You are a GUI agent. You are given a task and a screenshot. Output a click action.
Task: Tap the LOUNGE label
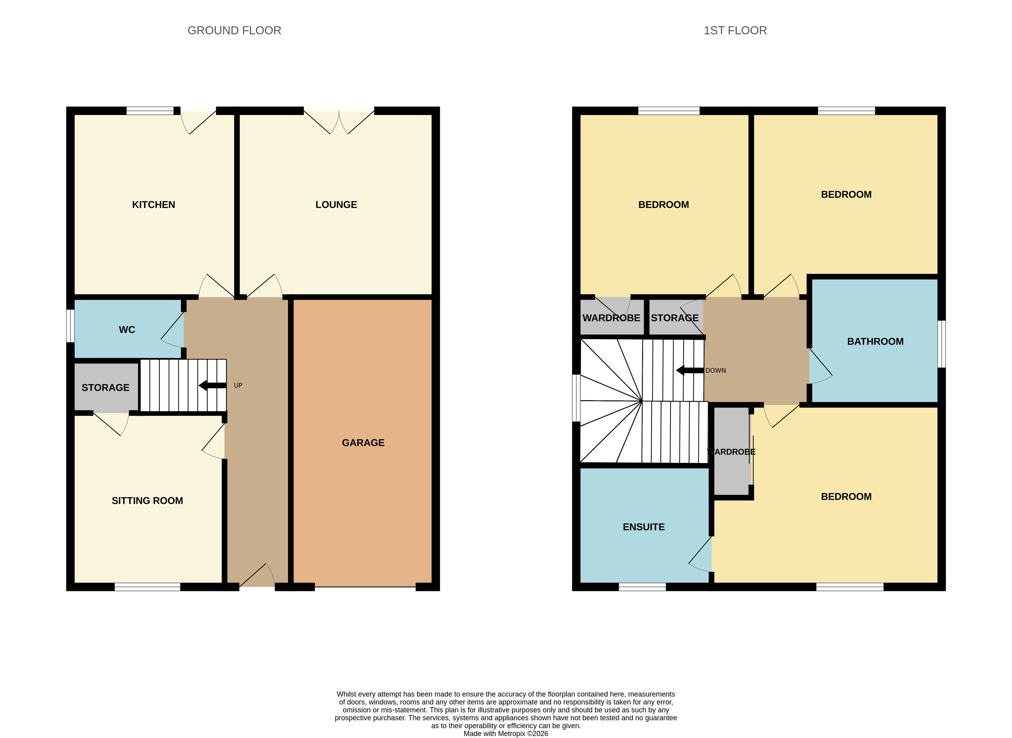(x=336, y=204)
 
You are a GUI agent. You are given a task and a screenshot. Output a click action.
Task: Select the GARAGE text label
(x=363, y=443)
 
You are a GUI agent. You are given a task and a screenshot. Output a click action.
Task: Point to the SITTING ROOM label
(x=147, y=501)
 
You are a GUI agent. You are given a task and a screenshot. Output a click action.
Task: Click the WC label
(x=127, y=330)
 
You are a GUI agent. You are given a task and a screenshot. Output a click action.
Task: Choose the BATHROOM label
(x=875, y=341)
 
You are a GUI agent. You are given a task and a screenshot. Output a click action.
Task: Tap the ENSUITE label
(x=644, y=527)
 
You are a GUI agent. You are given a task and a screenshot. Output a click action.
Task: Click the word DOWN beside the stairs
(x=716, y=370)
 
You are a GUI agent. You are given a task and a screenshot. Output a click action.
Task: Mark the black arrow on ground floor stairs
(x=212, y=386)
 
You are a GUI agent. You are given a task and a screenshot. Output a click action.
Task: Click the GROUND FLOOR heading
(x=234, y=30)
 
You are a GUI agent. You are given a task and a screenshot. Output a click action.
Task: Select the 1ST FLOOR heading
(x=735, y=30)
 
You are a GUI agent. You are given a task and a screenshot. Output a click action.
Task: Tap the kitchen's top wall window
(x=150, y=111)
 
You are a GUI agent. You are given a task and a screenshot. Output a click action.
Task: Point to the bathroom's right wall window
(x=941, y=344)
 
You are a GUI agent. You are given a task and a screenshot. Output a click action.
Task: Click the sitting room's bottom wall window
(x=147, y=587)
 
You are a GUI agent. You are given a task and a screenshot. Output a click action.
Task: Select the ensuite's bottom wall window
(x=642, y=587)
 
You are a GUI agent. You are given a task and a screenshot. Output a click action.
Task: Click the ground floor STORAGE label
(x=106, y=388)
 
